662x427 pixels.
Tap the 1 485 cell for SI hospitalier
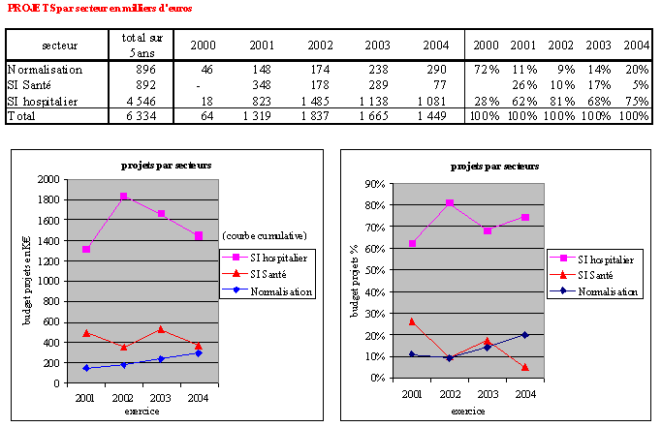coord(318,100)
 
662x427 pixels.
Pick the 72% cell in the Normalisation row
coord(485,70)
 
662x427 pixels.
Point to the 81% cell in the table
coord(560,100)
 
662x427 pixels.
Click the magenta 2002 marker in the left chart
coord(124,197)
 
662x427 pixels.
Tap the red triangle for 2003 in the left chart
coord(161,329)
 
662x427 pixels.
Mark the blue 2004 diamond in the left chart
coord(198,353)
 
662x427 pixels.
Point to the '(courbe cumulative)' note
coord(265,235)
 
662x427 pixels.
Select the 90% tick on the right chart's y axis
coord(372,183)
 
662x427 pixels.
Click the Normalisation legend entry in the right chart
coord(595,291)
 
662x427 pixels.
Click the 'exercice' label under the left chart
coord(142,410)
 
